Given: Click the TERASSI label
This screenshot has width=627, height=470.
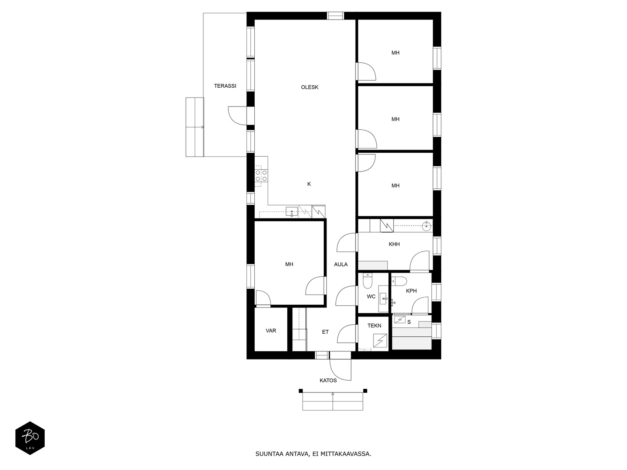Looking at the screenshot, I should [225, 86].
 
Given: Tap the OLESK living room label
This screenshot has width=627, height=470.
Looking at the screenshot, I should [310, 87].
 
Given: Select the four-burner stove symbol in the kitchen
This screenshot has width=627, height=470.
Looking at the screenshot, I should [261, 175].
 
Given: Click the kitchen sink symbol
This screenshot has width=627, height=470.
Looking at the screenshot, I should [292, 212].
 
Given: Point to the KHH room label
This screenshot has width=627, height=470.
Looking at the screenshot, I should [394, 244].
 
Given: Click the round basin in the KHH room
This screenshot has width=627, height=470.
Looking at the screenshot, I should [427, 226].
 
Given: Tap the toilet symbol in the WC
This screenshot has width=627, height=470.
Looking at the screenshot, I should [368, 281].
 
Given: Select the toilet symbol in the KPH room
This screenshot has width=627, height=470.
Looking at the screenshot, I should [400, 281].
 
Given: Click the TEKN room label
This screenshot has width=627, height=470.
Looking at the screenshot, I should [374, 325].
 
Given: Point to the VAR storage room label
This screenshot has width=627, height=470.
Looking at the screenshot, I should [271, 331].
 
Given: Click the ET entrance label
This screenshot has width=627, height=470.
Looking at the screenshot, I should [325, 332].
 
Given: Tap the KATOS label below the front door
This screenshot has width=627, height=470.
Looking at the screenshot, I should [328, 380].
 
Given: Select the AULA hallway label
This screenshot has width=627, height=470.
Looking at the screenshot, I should [341, 264].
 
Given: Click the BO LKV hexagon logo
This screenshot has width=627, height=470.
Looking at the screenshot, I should [30, 438].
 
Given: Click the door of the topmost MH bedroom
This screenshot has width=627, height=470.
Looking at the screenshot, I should [367, 71].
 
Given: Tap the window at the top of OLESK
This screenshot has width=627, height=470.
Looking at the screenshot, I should [335, 16].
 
